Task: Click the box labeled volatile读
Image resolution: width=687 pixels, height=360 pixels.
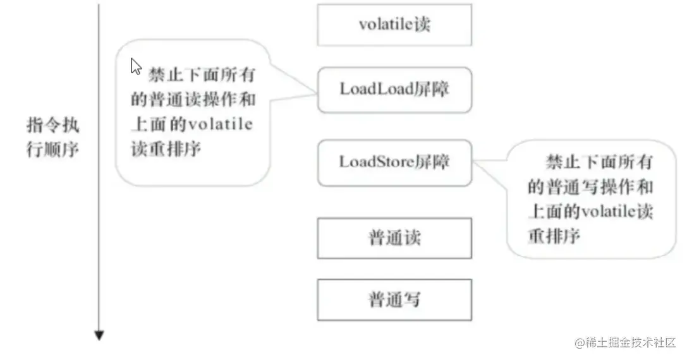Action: click(x=394, y=25)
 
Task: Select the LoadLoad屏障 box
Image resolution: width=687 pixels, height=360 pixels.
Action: click(x=394, y=90)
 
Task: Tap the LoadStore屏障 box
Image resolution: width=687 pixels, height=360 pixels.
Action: click(x=394, y=162)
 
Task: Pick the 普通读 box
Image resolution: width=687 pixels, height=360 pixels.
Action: click(x=394, y=238)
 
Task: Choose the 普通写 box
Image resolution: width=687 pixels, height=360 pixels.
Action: click(x=394, y=299)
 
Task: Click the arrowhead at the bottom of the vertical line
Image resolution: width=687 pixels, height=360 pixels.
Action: click(x=99, y=335)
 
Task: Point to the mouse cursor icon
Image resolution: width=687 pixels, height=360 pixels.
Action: click(x=135, y=66)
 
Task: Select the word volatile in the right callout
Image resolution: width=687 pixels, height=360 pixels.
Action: click(x=607, y=211)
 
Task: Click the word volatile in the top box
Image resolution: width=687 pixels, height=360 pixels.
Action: click(x=386, y=25)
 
